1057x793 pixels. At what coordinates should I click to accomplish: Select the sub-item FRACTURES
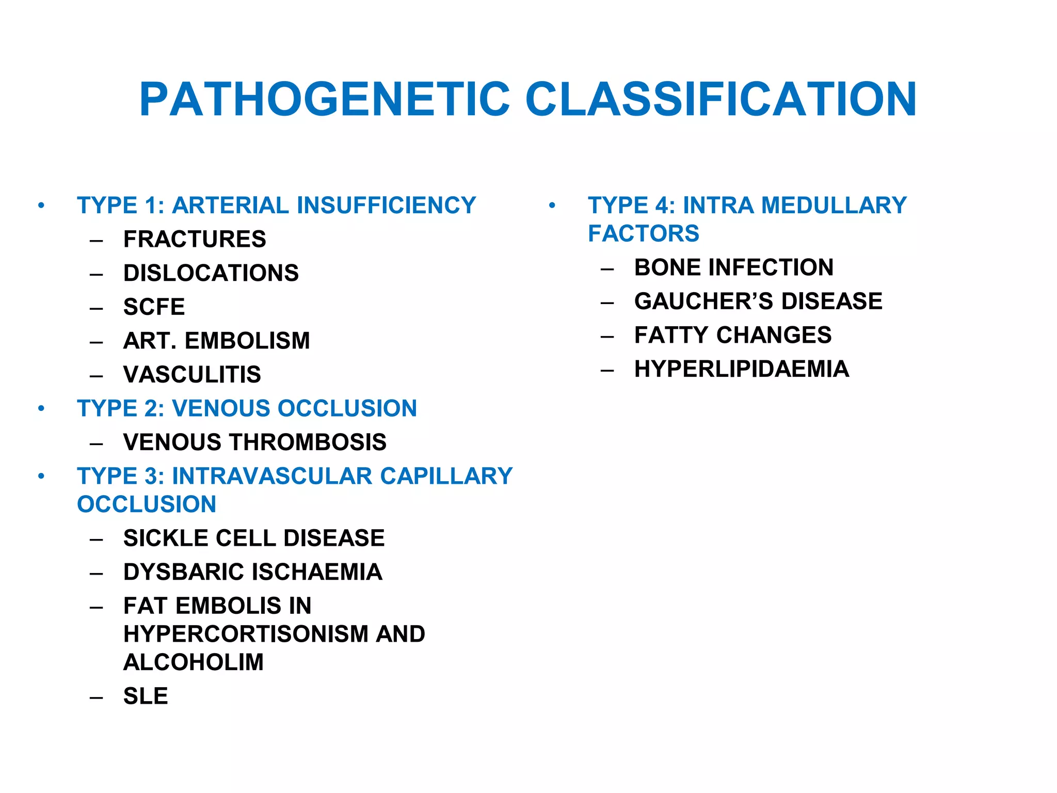point(195,240)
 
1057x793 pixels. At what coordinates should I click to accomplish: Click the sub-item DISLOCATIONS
point(211,273)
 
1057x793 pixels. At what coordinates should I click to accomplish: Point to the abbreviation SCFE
point(154,307)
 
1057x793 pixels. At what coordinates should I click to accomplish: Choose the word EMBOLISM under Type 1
point(247,341)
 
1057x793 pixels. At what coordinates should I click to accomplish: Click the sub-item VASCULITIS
point(192,375)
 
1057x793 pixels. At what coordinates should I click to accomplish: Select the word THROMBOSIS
point(308,442)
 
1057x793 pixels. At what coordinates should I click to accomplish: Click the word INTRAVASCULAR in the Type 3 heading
point(272,476)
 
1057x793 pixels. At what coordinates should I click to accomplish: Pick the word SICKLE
point(166,538)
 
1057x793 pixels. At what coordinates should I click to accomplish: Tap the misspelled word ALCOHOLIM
point(193,662)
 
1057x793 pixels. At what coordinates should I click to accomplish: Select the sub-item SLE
point(146,696)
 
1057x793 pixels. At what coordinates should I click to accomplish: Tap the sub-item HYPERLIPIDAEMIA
point(741,369)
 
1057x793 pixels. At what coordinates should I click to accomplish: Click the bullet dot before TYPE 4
point(552,205)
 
